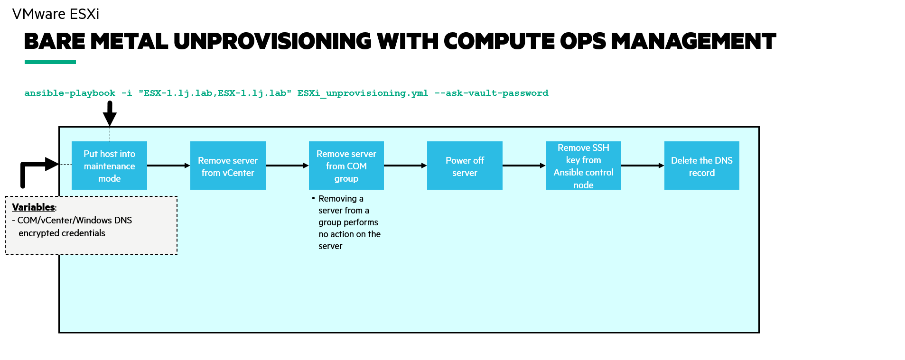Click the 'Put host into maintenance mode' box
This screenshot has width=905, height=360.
click(109, 166)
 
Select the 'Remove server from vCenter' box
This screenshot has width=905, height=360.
click(228, 166)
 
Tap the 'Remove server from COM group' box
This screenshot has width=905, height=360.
click(346, 166)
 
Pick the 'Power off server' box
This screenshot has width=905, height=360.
click(465, 166)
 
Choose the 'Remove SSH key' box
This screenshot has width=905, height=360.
click(583, 166)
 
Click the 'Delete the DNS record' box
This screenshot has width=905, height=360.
click(701, 166)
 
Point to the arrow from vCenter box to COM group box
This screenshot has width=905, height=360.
click(287, 166)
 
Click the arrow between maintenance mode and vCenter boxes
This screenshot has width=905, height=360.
click(168, 166)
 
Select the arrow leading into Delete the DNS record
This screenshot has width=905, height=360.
click(643, 166)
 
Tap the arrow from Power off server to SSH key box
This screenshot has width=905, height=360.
click(524, 166)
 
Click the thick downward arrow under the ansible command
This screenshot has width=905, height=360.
click(110, 114)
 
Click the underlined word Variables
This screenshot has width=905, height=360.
click(33, 207)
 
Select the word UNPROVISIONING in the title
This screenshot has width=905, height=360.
click(272, 41)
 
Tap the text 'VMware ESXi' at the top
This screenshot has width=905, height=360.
click(56, 14)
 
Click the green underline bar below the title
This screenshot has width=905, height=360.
click(50, 62)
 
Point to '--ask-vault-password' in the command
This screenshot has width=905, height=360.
click(491, 93)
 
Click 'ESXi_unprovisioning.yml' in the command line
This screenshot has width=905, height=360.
click(363, 93)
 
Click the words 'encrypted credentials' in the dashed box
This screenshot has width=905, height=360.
click(62, 233)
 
